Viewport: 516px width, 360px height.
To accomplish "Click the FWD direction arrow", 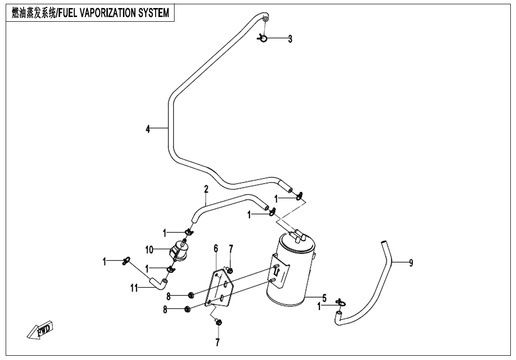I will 41,330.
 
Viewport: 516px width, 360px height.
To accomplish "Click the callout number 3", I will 290,39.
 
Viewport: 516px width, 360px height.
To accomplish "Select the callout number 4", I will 148,128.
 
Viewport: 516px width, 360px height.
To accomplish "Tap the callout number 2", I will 206,189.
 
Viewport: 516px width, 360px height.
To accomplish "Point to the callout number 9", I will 411,263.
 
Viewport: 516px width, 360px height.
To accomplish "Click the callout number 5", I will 324,298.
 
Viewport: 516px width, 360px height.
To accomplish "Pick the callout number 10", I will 149,249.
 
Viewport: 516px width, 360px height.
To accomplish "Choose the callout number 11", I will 134,287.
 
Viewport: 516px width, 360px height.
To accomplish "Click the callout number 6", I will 216,248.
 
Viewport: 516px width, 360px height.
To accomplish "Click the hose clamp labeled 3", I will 263,38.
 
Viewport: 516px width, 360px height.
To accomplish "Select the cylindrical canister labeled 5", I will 289,270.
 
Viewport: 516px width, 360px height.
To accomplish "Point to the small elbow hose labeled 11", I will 157,283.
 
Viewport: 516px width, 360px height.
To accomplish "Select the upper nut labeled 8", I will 191,296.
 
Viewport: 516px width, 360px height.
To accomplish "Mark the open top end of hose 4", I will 266,18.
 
